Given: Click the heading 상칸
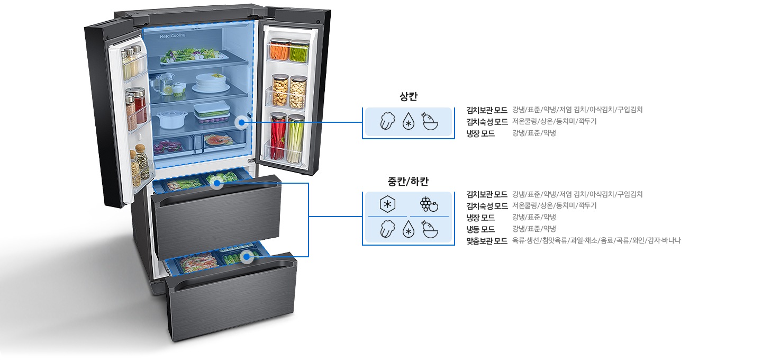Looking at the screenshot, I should [409, 97].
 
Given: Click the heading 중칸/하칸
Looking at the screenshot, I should [408, 182].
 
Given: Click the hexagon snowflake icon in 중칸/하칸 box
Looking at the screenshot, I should [387, 204].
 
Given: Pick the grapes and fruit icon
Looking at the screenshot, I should [429, 204].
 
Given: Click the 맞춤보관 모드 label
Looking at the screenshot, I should [487, 240].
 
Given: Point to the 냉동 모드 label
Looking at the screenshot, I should [480, 229].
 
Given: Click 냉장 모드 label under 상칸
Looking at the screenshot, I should [480, 133].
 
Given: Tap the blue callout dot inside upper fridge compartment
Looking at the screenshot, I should [241, 123].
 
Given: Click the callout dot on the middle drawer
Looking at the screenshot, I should [216, 184].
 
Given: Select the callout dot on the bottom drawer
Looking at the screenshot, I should [246, 257].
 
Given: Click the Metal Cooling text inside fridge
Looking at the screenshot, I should [173, 36].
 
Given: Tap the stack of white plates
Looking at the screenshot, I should [211, 83].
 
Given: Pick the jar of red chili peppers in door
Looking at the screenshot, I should [278, 136].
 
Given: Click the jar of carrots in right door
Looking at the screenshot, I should [280, 50].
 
